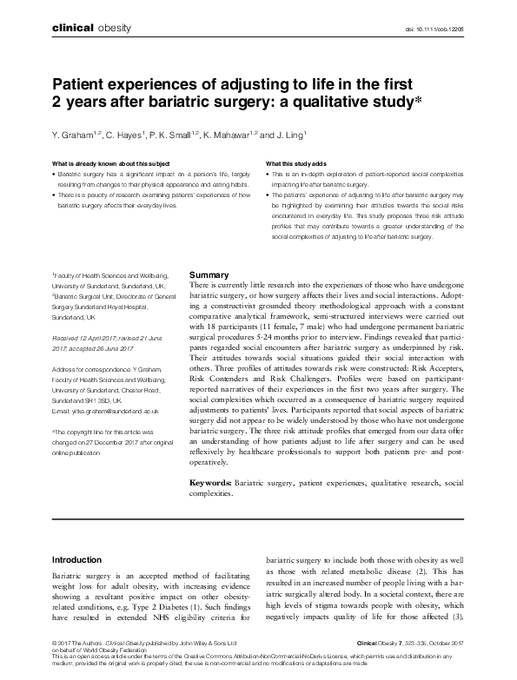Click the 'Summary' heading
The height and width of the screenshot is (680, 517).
(x=209, y=274)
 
